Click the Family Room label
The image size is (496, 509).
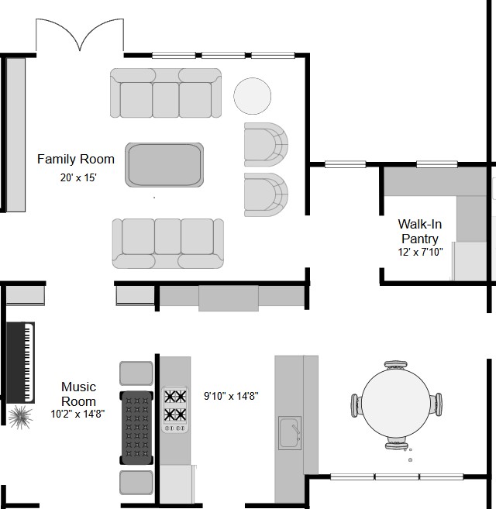tap(76, 159)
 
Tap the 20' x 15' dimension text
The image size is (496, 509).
tap(78, 177)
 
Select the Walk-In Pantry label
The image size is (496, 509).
tap(420, 231)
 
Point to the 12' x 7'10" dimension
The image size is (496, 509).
tap(420, 252)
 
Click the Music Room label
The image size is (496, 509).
tap(78, 394)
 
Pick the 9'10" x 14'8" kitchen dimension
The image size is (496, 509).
tap(231, 396)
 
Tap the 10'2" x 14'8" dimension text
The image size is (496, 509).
tap(77, 414)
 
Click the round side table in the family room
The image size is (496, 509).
tap(252, 96)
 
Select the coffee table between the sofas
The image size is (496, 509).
tap(164, 165)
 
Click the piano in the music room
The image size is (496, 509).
tap(20, 363)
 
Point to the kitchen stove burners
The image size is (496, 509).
tap(175, 409)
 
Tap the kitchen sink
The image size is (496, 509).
tap(290, 433)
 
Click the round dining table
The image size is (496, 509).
tap(396, 404)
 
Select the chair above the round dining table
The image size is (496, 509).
tap(395, 365)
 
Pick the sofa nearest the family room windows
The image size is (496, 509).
tap(166, 93)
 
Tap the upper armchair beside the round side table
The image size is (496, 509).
tap(266, 144)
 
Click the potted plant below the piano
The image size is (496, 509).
tap(20, 417)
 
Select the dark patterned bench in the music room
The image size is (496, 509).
tap(136, 428)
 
